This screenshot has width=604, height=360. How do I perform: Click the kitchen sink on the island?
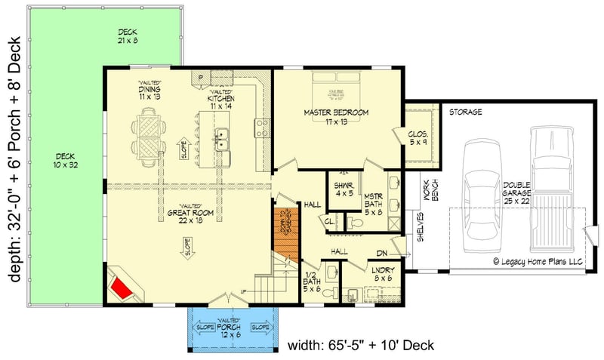pos(223,138)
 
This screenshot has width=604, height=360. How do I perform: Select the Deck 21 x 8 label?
pos(127,36)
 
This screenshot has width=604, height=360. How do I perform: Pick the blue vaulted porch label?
pos(230,330)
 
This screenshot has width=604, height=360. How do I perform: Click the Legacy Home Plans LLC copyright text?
pos(538,262)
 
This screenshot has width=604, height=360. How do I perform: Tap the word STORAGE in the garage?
pos(466,112)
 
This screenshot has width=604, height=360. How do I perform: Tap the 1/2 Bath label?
pos(312,282)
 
